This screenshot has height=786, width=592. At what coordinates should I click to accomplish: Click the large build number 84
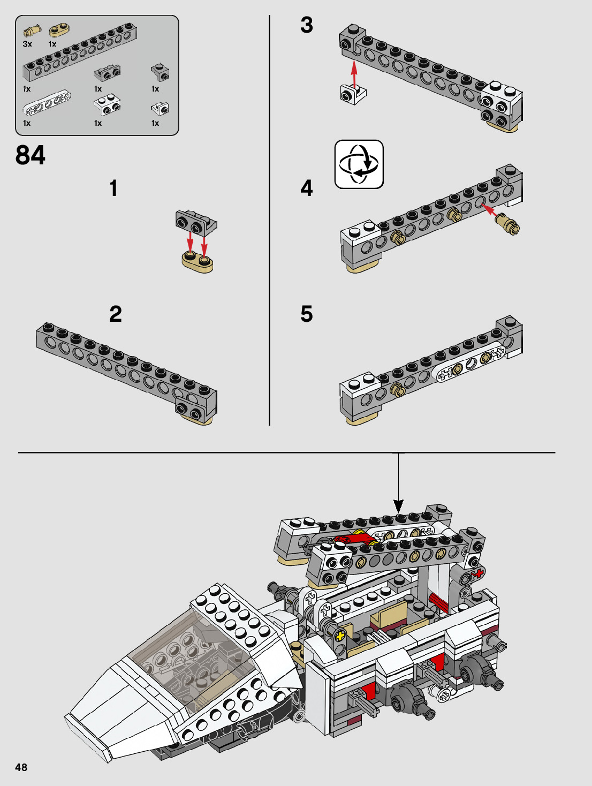pos(31,155)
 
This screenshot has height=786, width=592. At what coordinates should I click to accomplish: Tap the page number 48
pos(21,767)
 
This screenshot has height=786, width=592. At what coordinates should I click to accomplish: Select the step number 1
pos(113,188)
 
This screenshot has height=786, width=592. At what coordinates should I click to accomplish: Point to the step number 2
pos(116,314)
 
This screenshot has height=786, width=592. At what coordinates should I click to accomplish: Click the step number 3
pos(306,25)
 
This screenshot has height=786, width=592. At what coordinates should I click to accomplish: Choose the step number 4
pos(306,188)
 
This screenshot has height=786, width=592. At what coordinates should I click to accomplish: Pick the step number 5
pos(306,314)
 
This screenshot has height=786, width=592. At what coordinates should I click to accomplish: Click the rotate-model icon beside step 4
pos(359,164)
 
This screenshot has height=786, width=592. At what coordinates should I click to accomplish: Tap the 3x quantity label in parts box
pos(27,44)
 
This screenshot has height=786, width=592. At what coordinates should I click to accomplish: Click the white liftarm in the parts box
pos(47,103)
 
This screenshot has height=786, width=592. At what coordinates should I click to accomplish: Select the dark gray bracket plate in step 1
pos(196,222)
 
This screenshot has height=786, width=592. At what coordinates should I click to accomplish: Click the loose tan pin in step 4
pos(507,223)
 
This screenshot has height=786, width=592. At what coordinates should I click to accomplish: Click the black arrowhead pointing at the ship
pos(398,505)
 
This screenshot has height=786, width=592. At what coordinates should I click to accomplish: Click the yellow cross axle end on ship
pos(339,637)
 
